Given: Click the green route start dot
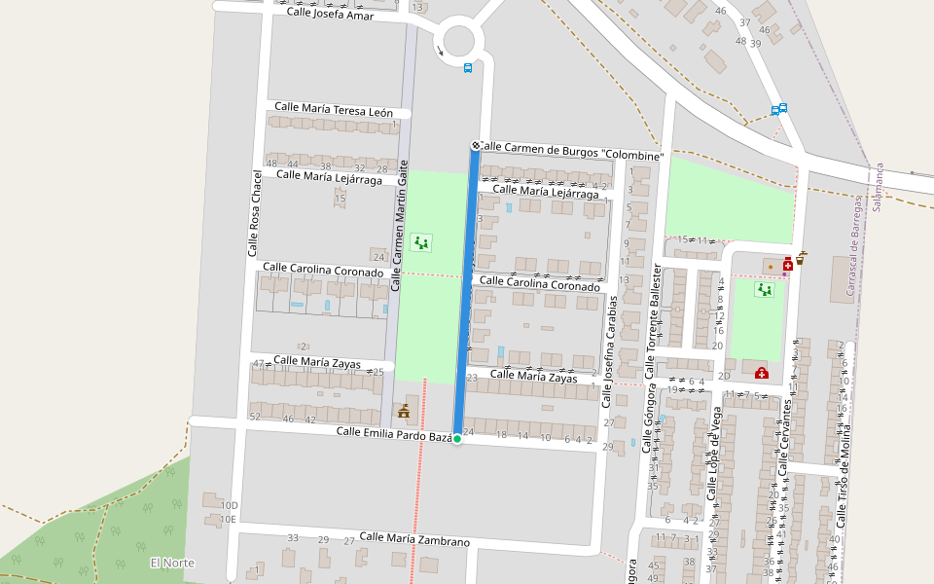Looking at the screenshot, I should point(456,439).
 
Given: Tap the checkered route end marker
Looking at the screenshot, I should point(476,146).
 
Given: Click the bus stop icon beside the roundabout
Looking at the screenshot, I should point(468,68).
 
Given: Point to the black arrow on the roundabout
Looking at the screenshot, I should point(441,51).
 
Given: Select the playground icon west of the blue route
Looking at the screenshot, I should point(420,241).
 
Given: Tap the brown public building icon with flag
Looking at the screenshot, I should point(403,412).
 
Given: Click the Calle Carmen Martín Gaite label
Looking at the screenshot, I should point(397,227).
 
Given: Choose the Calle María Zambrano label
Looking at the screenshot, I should point(414,539).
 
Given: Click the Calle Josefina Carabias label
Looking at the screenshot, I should point(612,350).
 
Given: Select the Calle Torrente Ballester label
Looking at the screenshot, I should point(652,321).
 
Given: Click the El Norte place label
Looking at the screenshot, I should point(172,564).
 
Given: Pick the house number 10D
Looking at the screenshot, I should point(229,506).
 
